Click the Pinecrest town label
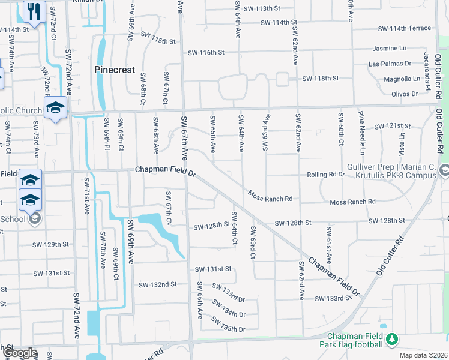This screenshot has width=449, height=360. (x=115, y=70)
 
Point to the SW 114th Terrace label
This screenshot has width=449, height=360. (x=404, y=28)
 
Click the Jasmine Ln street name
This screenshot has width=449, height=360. (x=390, y=48)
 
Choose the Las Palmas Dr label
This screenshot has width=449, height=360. (x=390, y=63)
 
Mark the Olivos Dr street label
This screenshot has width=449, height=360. (x=404, y=94)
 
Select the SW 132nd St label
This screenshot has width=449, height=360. (x=157, y=284)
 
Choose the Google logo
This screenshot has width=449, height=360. (x=19, y=353)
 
